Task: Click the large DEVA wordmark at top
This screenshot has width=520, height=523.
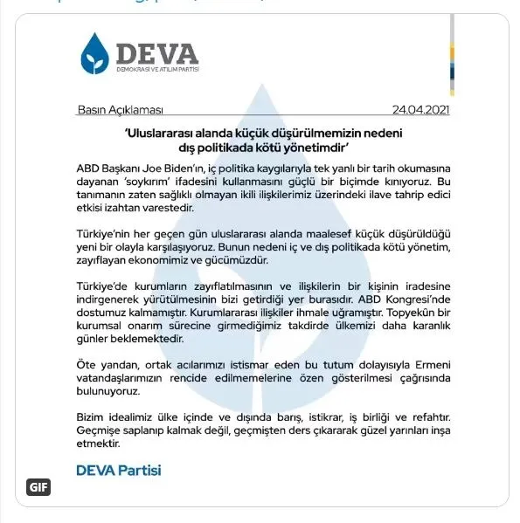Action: coord(155,48)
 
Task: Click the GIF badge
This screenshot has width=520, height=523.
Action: coord(38,487)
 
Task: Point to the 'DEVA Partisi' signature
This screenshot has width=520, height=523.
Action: coord(119,470)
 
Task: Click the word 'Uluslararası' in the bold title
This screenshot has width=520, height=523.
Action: coord(163,133)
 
